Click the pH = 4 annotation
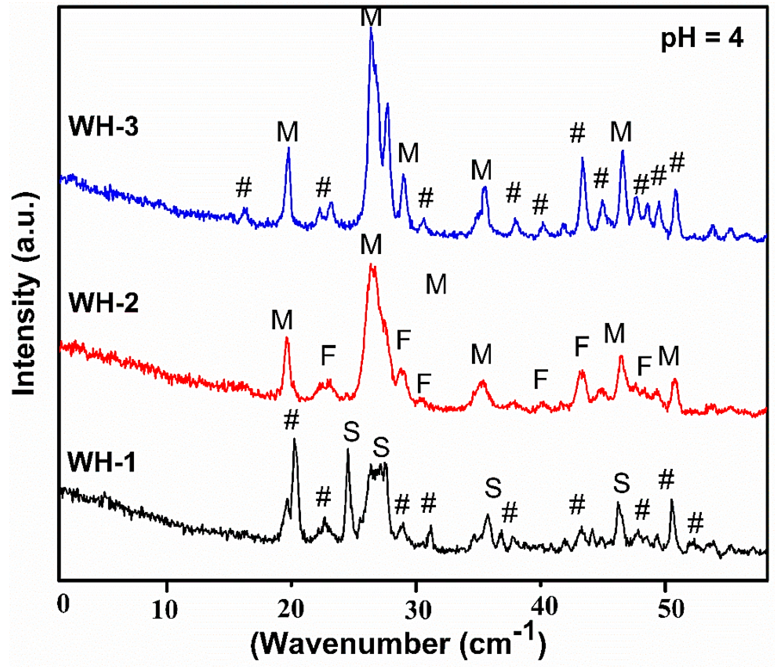[x=702, y=39]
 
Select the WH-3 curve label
[x=104, y=126]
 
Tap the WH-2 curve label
[x=104, y=302]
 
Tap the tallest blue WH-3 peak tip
[x=371, y=29]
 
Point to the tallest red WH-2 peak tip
[x=371, y=264]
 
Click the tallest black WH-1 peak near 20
[x=294, y=439]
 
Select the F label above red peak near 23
[x=328, y=356]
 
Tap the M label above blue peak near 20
[x=287, y=132]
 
